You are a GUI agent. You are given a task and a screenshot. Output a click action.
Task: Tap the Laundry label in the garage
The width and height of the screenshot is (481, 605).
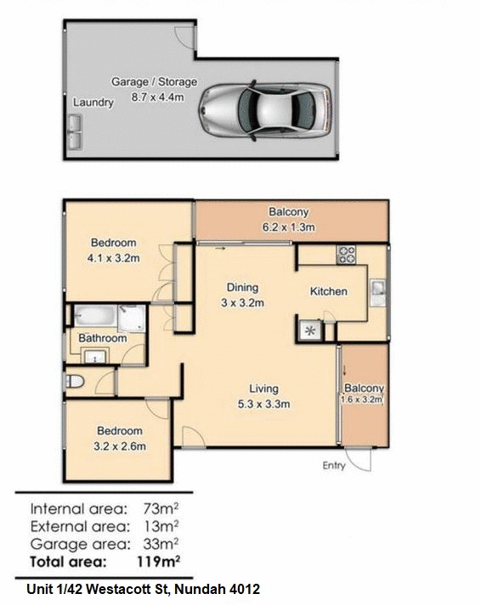pyautogui.click(x=93, y=103)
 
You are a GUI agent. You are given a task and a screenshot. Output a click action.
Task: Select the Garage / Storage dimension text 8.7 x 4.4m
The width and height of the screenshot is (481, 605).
pyautogui.click(x=154, y=97)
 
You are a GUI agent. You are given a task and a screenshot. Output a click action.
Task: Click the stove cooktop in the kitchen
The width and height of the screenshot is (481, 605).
pyautogui.click(x=347, y=253)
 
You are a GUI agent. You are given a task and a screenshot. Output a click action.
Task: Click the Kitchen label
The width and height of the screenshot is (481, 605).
pyautogui.click(x=328, y=291)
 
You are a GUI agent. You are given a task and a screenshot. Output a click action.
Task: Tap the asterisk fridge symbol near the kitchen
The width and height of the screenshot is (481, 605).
pyautogui.click(x=309, y=331)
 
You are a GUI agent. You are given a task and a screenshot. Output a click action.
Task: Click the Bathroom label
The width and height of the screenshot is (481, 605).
pyautogui.click(x=103, y=339)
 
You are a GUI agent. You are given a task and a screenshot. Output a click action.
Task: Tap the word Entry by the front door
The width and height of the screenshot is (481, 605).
pyautogui.click(x=335, y=465)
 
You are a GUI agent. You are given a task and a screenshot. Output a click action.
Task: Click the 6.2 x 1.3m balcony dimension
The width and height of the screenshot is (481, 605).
pyautogui.click(x=289, y=227)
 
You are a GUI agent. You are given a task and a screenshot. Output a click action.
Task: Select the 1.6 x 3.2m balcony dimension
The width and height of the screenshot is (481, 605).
pyautogui.click(x=363, y=399)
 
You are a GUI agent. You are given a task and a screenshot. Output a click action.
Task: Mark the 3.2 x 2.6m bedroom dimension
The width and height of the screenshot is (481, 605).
pyautogui.click(x=119, y=445)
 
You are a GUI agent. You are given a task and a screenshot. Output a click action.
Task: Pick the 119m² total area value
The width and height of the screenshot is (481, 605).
pyautogui.click(x=156, y=561)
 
